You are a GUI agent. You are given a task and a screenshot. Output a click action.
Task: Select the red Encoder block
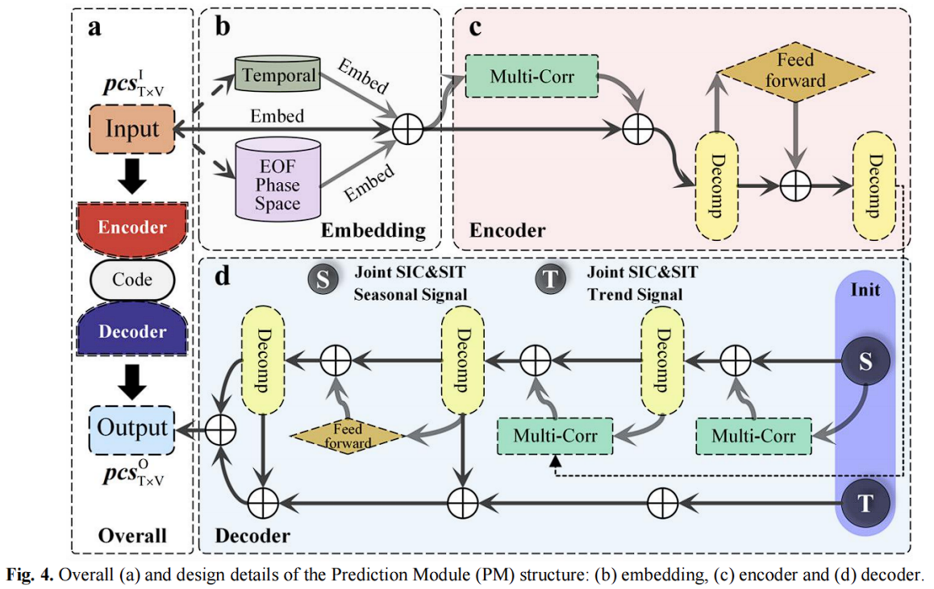pos(131,227)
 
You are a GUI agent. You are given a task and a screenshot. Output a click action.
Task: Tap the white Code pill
pos(131,280)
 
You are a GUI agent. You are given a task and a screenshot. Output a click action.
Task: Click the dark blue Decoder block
pos(131,331)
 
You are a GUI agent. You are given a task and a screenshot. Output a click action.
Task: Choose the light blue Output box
pos(132,428)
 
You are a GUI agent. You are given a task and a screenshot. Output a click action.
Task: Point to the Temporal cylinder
pos(277,76)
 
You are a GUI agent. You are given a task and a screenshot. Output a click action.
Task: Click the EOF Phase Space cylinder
pos(277,180)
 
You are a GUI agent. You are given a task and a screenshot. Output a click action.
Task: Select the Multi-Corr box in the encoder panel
pos(532,77)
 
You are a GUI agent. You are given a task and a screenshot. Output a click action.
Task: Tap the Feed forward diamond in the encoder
pos(796,71)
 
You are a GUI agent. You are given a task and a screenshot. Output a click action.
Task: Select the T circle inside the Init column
pos(865,504)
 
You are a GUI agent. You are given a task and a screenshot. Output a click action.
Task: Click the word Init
pos(865,288)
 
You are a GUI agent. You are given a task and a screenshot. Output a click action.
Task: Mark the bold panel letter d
pos(222,276)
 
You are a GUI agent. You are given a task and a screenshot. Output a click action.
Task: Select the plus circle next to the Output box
pos(218,429)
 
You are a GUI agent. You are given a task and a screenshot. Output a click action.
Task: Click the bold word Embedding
pos(373,230)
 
